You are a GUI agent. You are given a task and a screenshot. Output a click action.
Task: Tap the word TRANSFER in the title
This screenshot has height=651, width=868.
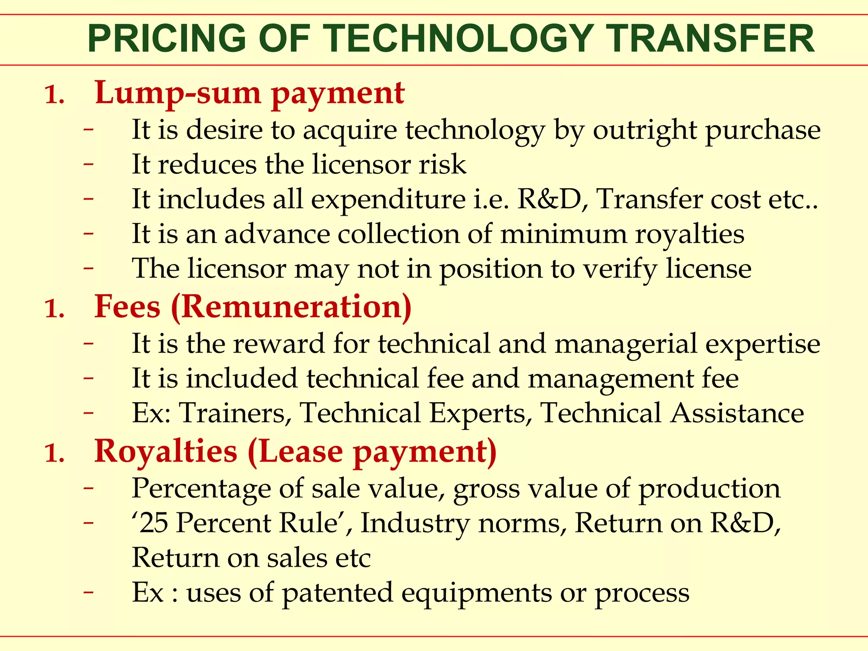pos(711,39)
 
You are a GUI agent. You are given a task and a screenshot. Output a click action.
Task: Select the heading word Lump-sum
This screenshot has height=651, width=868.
pos(178,93)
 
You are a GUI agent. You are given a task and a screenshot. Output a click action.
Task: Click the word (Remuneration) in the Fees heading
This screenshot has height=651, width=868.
pos(292,307)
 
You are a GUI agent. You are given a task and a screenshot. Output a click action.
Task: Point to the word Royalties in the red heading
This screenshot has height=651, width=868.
pos(166,451)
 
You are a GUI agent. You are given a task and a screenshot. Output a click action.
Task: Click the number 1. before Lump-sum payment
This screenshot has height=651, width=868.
pos(54,95)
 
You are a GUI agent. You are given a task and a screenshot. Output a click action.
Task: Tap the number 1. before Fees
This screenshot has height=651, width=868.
pos(54,309)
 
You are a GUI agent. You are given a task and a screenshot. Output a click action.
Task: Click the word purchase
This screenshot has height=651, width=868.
pos(763,131)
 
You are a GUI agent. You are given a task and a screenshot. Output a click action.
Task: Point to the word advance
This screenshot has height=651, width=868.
pos(277,234)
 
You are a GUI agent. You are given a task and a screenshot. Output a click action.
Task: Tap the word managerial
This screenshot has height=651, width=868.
pos(626,344)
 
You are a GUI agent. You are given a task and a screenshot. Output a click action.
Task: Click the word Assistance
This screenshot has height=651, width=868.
pos(737,413)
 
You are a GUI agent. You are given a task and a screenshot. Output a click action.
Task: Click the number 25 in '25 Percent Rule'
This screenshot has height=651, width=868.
pos(153,523)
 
